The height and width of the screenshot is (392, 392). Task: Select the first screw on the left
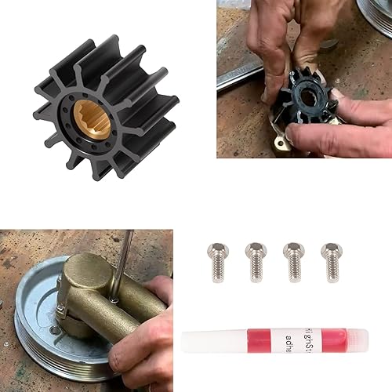click(x=217, y=260)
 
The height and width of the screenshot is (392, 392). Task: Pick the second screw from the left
click(x=256, y=260)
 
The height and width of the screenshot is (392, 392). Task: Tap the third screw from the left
click(x=293, y=260)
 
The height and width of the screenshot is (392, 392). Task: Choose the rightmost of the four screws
click(x=331, y=260)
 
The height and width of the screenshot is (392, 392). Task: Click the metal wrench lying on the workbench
click(x=239, y=74)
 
